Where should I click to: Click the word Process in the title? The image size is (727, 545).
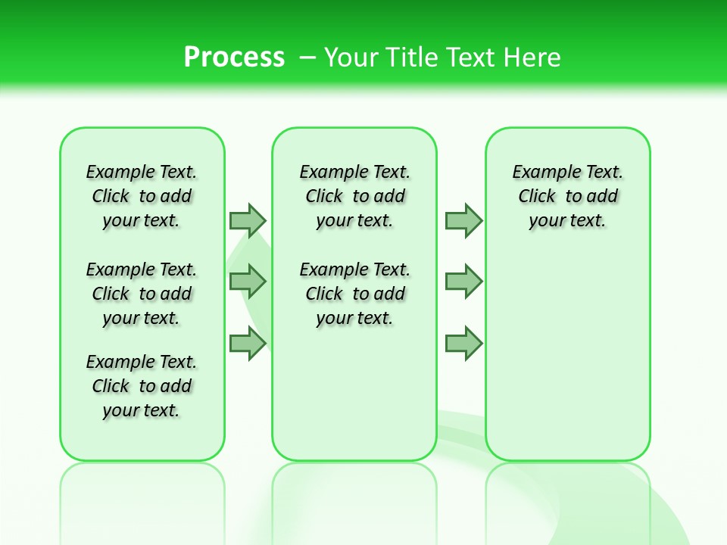234,58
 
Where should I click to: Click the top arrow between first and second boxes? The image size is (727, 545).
248,220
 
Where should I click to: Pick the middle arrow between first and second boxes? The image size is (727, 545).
248,282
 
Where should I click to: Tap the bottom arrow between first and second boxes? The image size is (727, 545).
248,344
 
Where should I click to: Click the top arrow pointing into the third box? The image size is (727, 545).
463,220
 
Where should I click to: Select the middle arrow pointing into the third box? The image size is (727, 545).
463,282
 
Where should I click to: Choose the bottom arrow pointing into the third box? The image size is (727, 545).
463,344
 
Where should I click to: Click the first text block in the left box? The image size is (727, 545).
142,196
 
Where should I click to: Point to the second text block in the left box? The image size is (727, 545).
142,294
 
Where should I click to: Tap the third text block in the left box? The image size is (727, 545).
142,386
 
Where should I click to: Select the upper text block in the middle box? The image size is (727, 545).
354,196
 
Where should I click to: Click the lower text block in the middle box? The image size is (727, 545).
354,294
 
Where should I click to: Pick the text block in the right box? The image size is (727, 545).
568,196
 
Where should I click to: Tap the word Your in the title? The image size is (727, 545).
351,58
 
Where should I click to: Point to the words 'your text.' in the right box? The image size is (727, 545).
568,221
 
